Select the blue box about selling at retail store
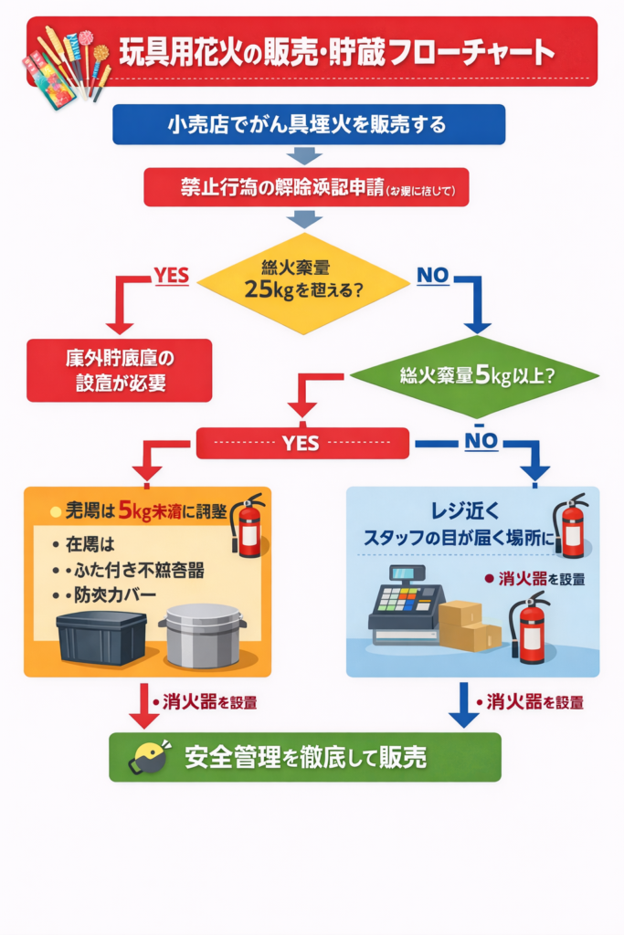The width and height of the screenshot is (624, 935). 308,124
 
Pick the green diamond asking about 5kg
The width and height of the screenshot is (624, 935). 474,375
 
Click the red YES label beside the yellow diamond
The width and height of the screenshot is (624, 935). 170,274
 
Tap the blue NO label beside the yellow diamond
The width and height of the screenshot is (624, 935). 433,274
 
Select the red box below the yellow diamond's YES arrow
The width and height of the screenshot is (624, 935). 119,370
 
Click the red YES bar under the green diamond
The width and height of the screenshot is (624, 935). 301,444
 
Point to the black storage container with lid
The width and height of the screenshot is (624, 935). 101,636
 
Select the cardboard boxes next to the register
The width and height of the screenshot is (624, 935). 470,625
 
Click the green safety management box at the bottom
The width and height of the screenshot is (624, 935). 304,757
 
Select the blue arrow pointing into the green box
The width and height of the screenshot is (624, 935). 464,708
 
